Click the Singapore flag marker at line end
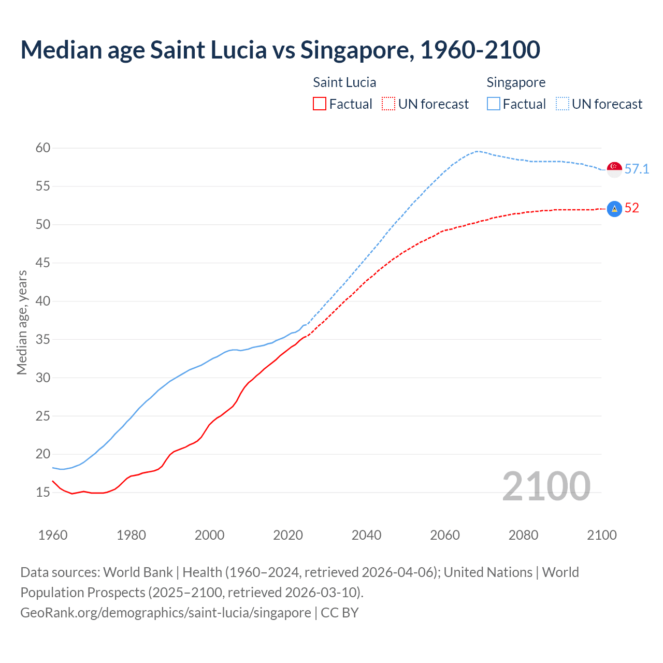(x=614, y=169)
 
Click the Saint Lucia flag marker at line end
(x=614, y=209)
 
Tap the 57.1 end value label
(x=637, y=169)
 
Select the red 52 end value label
(x=632, y=208)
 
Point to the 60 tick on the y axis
(x=43, y=148)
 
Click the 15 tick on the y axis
(x=43, y=493)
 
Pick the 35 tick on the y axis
(x=43, y=340)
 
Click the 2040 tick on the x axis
(x=366, y=535)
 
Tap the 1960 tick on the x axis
(x=53, y=535)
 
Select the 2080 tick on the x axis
(x=523, y=535)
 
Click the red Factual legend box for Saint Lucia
(x=320, y=104)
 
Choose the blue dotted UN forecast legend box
(x=563, y=104)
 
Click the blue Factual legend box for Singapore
(x=494, y=104)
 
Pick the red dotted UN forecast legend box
(x=388, y=104)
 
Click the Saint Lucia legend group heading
(x=344, y=83)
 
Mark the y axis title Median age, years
(x=22, y=322)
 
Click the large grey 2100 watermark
(x=546, y=486)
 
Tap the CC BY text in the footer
(x=340, y=613)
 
